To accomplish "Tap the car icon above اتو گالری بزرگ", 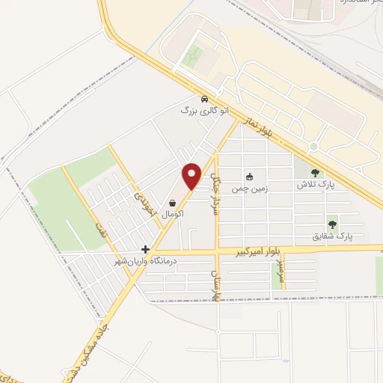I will pos(204,99).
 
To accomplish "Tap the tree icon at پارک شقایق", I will pos(332,224).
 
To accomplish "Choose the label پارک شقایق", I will pos(332,236).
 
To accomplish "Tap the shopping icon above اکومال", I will pos(173,203).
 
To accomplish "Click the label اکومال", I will pos(173,214).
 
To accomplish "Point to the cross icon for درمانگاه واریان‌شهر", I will pos(145,249).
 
